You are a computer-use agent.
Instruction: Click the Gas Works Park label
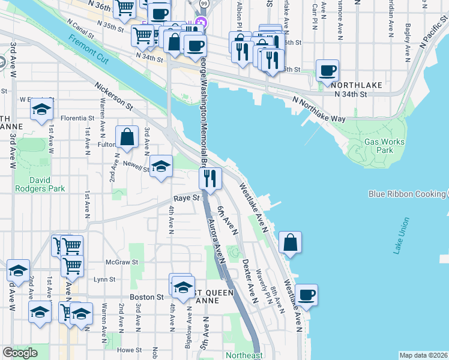384,146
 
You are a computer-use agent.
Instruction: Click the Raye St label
186,197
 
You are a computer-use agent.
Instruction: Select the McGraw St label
122,262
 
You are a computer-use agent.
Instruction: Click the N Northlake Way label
319,109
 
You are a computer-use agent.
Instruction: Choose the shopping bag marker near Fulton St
128,137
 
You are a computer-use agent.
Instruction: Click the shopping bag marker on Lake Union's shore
289,242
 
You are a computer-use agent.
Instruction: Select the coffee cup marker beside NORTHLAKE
327,70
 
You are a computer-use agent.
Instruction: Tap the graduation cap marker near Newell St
161,167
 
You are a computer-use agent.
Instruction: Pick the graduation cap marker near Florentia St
41,109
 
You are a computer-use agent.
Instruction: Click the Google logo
20,353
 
